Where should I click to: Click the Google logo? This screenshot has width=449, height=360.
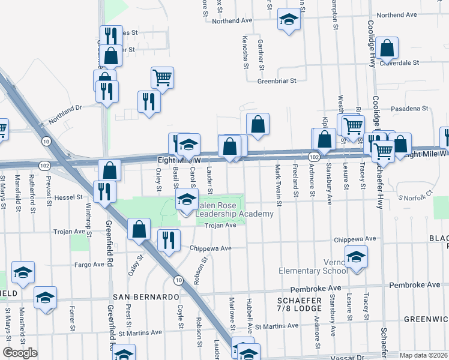pyautogui.click(x=20, y=353)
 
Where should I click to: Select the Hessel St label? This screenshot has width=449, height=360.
pyautogui.click(x=68, y=197)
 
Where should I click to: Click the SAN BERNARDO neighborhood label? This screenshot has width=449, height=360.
pyautogui.click(x=144, y=297)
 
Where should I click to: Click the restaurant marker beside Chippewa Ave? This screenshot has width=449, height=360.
pyautogui.click(x=168, y=240)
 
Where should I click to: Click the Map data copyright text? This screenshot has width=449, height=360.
pyautogui.click(x=423, y=356)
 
